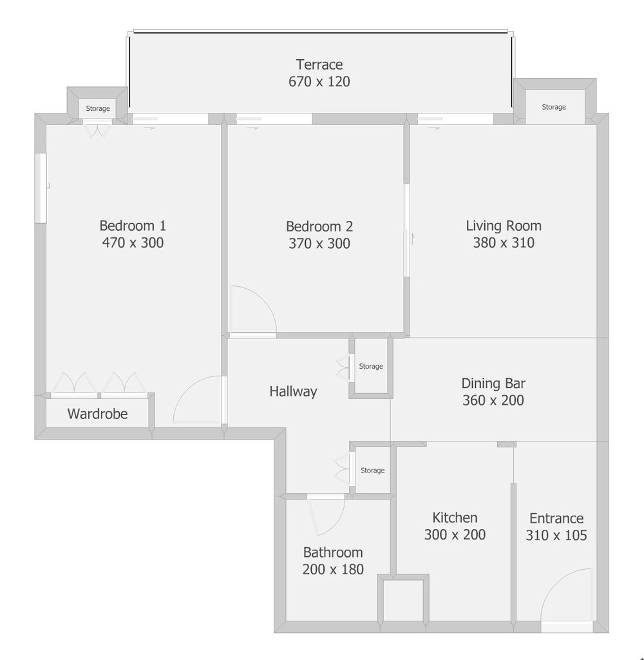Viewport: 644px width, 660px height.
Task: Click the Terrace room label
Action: tap(319, 64)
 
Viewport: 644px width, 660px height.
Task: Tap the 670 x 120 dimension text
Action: tap(319, 81)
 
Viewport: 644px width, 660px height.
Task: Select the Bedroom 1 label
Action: tap(133, 226)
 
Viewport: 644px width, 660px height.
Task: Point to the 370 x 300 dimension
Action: tap(319, 243)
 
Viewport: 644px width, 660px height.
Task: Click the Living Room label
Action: tap(504, 226)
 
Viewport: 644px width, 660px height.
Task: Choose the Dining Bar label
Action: tap(493, 383)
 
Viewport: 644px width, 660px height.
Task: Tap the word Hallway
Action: tap(293, 391)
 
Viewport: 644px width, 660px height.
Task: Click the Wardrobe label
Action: tap(98, 414)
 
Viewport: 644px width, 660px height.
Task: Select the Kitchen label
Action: tap(455, 518)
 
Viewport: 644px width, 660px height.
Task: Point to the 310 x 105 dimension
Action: tap(556, 535)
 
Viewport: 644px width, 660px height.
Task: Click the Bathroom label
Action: tap(333, 552)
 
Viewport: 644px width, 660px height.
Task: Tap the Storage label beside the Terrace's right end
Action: tap(554, 107)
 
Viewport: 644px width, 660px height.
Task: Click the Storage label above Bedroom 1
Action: tap(98, 108)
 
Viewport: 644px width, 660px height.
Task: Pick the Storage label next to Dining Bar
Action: tap(370, 366)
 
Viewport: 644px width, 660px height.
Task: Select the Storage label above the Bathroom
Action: tap(372, 470)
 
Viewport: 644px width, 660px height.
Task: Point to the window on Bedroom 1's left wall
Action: tap(41, 188)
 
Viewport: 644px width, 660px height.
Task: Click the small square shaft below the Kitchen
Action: tap(403, 599)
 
